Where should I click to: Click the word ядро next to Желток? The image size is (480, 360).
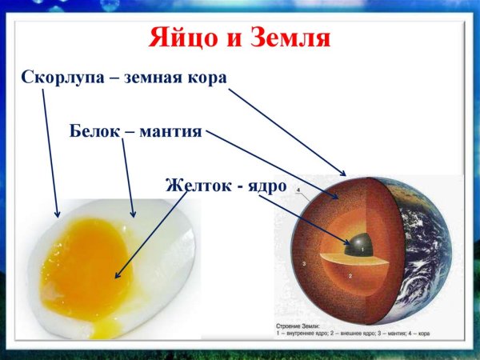click(x=266, y=184)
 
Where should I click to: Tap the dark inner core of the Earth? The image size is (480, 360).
click(x=358, y=244)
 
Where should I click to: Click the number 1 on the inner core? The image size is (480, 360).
click(x=362, y=250)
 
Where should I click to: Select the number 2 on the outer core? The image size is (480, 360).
click(x=352, y=274)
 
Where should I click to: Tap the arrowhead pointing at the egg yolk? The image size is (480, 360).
click(x=118, y=276)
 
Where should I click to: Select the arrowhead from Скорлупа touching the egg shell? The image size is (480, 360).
click(x=57, y=214)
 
